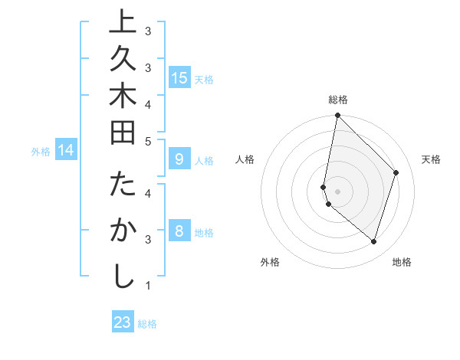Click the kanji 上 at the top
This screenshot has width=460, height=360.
pyautogui.click(x=121, y=23)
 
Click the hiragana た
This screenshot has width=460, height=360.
pyautogui.click(x=121, y=187)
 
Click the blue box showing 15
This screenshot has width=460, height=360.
pyautogui.click(x=179, y=77)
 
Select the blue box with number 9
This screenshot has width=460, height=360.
pyautogui.click(x=179, y=159)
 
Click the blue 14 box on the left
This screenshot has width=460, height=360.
pyautogui.click(x=66, y=150)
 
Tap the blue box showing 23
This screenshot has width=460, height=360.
pyautogui.click(x=123, y=322)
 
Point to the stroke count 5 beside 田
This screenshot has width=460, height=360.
pyautogui.click(x=148, y=141)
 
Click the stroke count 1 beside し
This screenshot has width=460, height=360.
pyautogui.click(x=148, y=286)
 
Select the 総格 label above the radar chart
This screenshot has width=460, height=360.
pyautogui.click(x=338, y=100)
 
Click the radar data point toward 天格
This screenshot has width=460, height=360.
pyautogui.click(x=396, y=172)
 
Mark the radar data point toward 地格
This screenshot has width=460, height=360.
pyautogui.click(x=373, y=241)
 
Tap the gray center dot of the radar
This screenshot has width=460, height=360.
pyautogui.click(x=337, y=191)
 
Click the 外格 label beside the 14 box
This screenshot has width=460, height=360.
pyautogui.click(x=41, y=151)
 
